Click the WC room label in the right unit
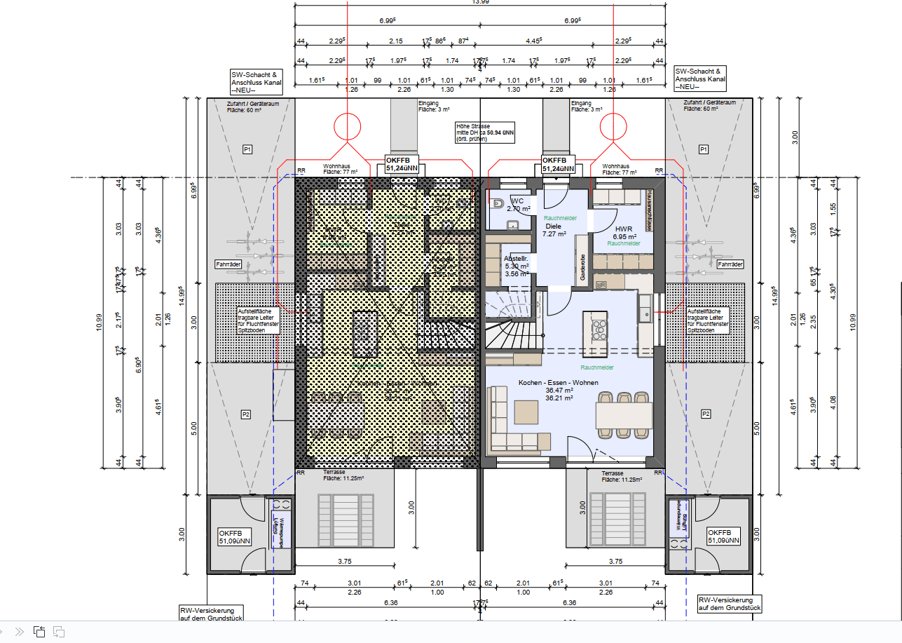click(x=517, y=201)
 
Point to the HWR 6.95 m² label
click(x=624, y=233)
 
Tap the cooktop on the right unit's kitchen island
click(x=599, y=328)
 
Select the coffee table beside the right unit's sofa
click(x=526, y=412)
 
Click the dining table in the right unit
click(x=624, y=417)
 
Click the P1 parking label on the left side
click(x=247, y=149)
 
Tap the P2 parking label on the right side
click(x=705, y=414)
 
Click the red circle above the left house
click(x=348, y=126)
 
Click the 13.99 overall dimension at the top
click(x=481, y=3)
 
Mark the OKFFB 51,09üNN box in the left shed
click(x=235, y=536)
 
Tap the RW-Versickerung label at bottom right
click(x=729, y=604)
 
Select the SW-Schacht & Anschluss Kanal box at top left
click(x=256, y=81)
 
